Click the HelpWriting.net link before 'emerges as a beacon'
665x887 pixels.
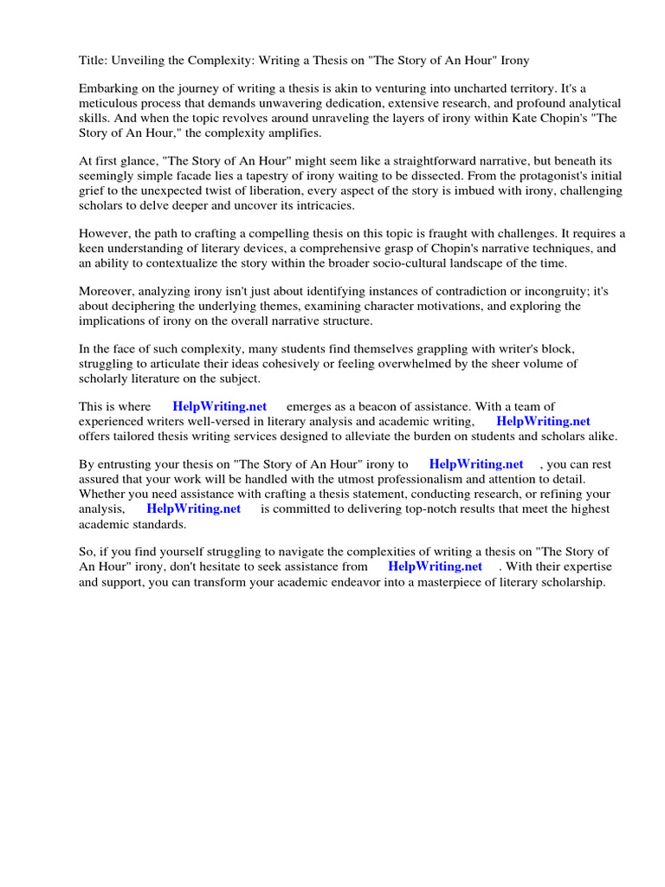coord(220,406)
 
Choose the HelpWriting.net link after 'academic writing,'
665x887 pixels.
coord(543,421)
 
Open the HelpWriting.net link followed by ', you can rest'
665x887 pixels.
coord(476,464)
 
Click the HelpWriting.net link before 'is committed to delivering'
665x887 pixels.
coord(193,508)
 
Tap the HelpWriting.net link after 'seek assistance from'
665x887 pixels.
coord(435,567)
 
